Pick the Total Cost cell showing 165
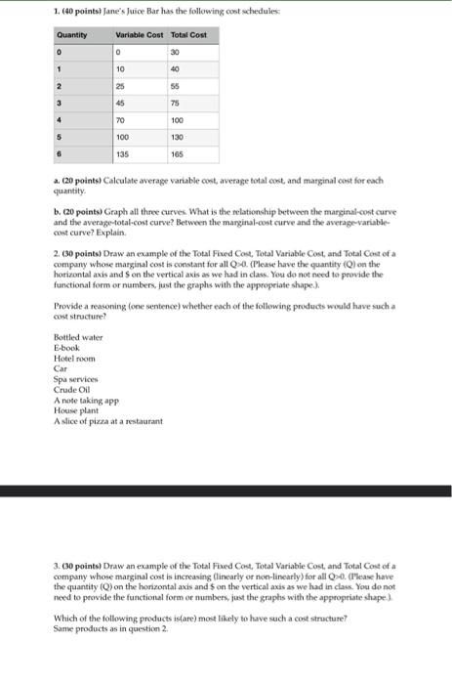pos(179,153)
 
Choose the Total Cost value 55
pos(177,84)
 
